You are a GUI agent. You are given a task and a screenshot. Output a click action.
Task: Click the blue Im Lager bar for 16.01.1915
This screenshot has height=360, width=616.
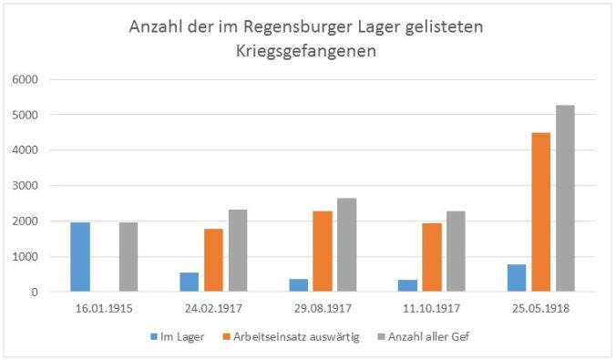coord(79,257)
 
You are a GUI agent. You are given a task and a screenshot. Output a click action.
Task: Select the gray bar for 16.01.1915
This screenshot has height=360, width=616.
coord(129,257)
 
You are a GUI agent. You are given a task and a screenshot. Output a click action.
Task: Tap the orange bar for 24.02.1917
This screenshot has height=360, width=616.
coord(213,261)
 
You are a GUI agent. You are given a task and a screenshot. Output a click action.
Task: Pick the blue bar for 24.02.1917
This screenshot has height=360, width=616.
coord(189,282)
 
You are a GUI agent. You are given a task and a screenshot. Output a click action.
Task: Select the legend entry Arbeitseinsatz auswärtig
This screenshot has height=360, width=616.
coord(301,337)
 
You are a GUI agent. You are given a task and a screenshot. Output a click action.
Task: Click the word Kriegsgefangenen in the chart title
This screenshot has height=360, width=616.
coord(307,52)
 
